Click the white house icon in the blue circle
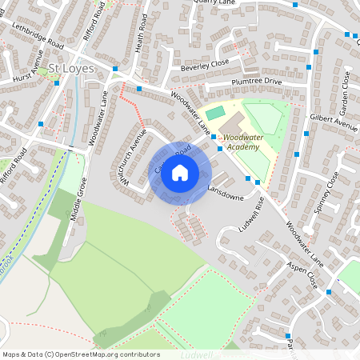[180, 173]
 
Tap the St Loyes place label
[70, 69]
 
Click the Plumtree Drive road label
[256, 82]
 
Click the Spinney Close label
[328, 190]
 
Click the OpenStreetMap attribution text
[80, 354]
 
